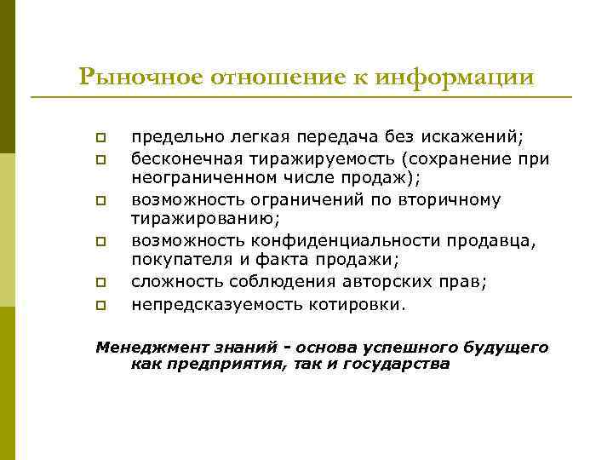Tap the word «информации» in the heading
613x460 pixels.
(461, 78)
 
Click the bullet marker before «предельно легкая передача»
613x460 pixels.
(100, 137)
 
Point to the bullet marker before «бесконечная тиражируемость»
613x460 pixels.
(100, 158)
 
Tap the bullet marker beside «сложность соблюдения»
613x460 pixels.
(100, 282)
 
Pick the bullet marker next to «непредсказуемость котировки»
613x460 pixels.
(100, 303)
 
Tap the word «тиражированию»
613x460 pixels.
(192, 220)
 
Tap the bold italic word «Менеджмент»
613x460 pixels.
(142, 348)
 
